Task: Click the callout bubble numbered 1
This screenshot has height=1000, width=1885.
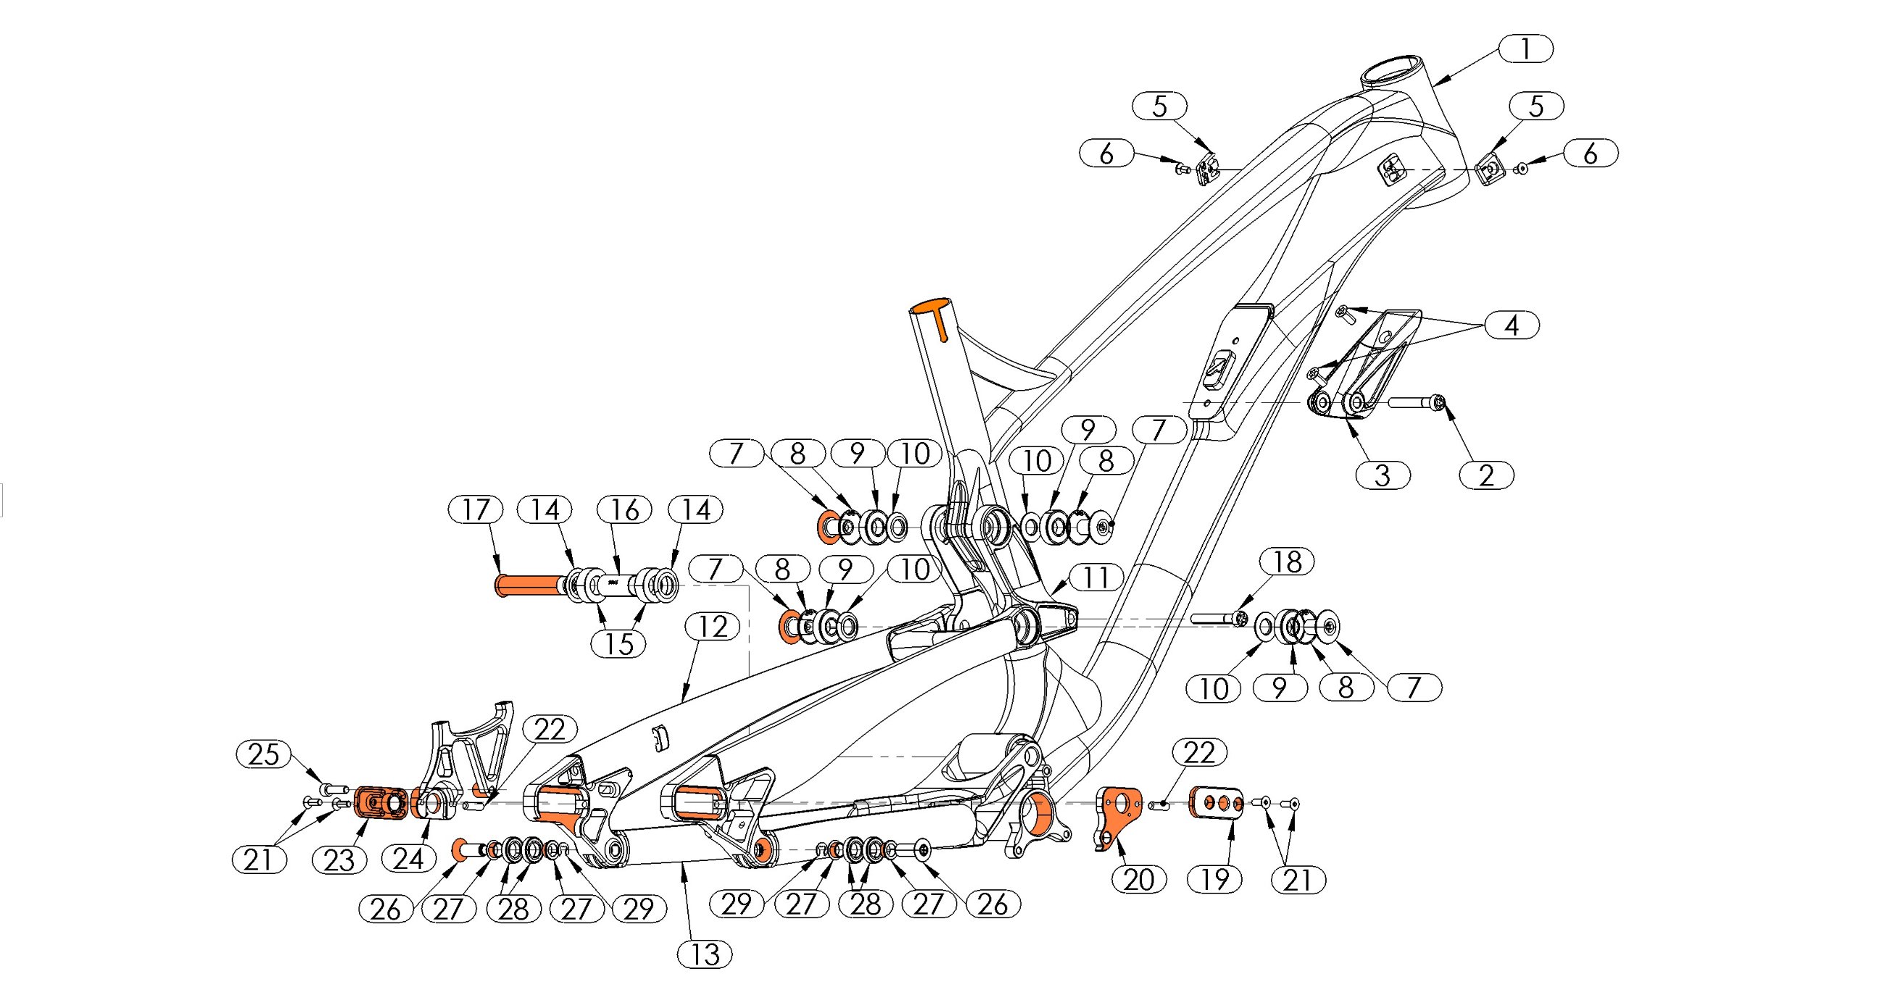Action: point(1525,49)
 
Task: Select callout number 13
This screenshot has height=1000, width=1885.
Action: point(705,954)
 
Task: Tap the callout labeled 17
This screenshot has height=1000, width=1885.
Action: point(476,509)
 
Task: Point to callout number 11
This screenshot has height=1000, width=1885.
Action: point(1096,578)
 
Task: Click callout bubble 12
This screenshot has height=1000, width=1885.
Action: point(713,627)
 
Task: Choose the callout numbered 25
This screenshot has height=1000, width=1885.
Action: point(263,754)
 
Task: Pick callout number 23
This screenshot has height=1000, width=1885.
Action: point(339,860)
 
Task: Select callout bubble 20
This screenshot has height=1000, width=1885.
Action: point(1138,879)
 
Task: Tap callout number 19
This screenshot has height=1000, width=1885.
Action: point(1214,879)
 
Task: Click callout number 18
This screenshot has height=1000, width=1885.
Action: point(1287,562)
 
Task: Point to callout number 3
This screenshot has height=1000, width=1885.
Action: point(1383,475)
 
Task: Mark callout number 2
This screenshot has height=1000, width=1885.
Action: point(1486,475)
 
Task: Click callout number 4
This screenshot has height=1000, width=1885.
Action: point(1512,325)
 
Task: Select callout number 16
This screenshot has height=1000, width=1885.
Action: point(624,509)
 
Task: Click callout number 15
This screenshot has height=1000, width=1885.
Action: point(618,644)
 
